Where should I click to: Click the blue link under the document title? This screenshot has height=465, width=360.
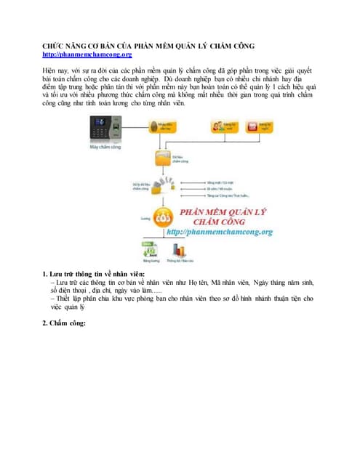[87, 54]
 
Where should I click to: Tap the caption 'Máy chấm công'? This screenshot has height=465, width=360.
[103, 147]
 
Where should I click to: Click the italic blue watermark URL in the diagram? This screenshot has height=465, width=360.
[219, 232]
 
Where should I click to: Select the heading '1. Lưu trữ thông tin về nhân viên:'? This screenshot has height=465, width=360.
[97, 275]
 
